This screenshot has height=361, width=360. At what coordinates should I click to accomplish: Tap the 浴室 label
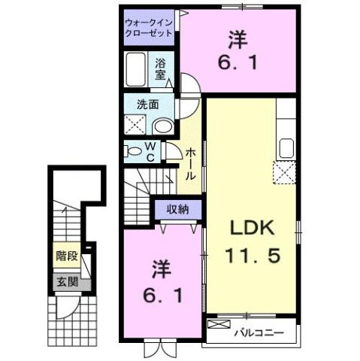click(162, 69)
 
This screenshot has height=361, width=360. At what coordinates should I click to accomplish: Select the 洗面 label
click(146, 105)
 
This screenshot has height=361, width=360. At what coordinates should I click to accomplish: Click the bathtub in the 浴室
click(137, 71)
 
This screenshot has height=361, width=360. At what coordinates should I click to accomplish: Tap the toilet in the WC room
click(134, 150)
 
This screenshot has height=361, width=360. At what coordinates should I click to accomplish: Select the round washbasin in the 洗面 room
click(162, 126)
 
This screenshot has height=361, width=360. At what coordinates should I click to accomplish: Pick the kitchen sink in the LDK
click(286, 147)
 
